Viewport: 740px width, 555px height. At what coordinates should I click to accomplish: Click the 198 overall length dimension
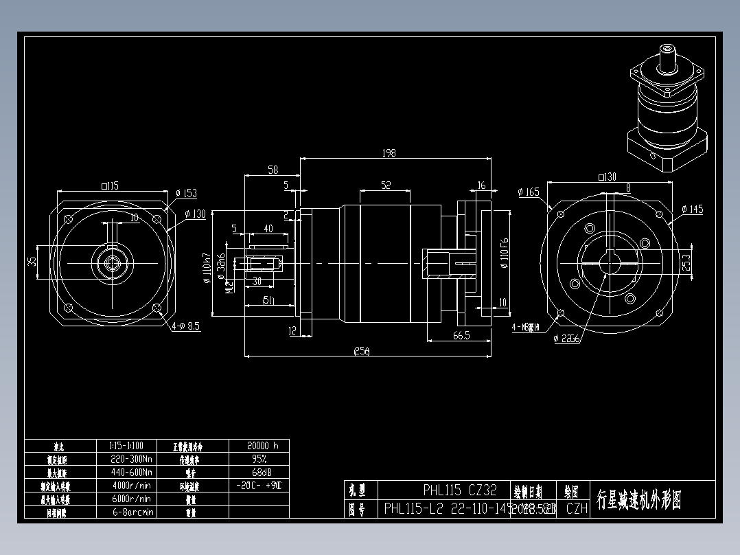389,153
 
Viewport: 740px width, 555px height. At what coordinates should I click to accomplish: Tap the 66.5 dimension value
461,335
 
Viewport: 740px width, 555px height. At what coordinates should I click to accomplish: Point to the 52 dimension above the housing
386,185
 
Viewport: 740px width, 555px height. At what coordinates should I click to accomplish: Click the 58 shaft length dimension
273,170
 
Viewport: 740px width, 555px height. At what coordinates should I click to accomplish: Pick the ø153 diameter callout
186,194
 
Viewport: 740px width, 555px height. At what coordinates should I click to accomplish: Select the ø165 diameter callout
529,192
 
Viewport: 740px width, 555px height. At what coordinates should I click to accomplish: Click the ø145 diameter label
692,209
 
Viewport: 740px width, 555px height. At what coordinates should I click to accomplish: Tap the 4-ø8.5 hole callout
185,326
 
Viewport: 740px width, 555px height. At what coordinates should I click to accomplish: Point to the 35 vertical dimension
32,261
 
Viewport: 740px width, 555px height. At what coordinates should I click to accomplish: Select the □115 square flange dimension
110,185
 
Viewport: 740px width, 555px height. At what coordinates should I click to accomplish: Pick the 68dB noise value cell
259,473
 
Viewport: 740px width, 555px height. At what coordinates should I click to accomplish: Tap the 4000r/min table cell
130,486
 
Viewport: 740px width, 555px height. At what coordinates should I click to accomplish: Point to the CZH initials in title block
577,509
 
